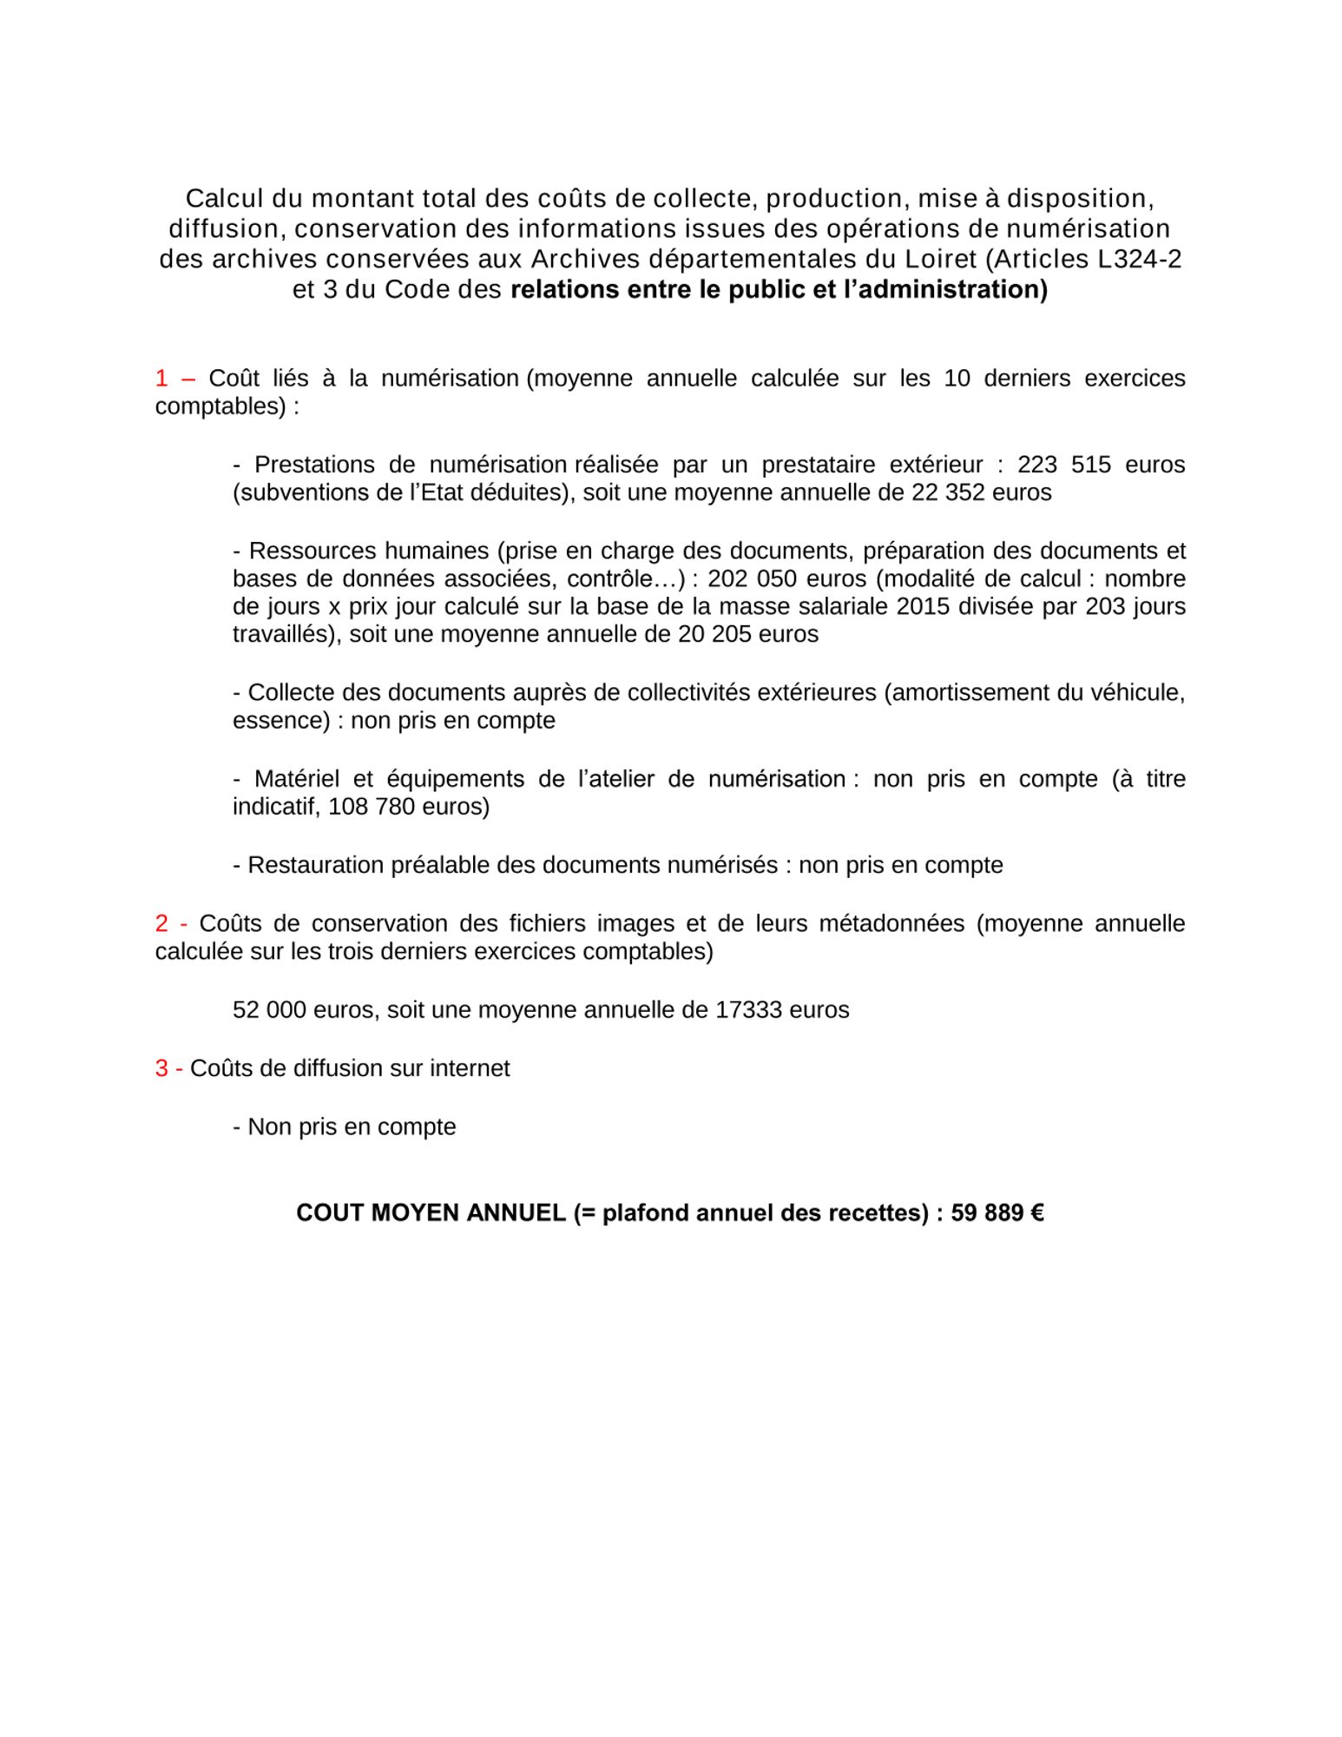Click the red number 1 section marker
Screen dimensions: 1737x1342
(161, 378)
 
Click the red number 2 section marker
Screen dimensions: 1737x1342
(161, 923)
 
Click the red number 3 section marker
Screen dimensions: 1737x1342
(161, 1068)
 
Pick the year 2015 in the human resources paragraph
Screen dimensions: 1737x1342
(924, 606)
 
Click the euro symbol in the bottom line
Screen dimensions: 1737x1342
(1036, 1212)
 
